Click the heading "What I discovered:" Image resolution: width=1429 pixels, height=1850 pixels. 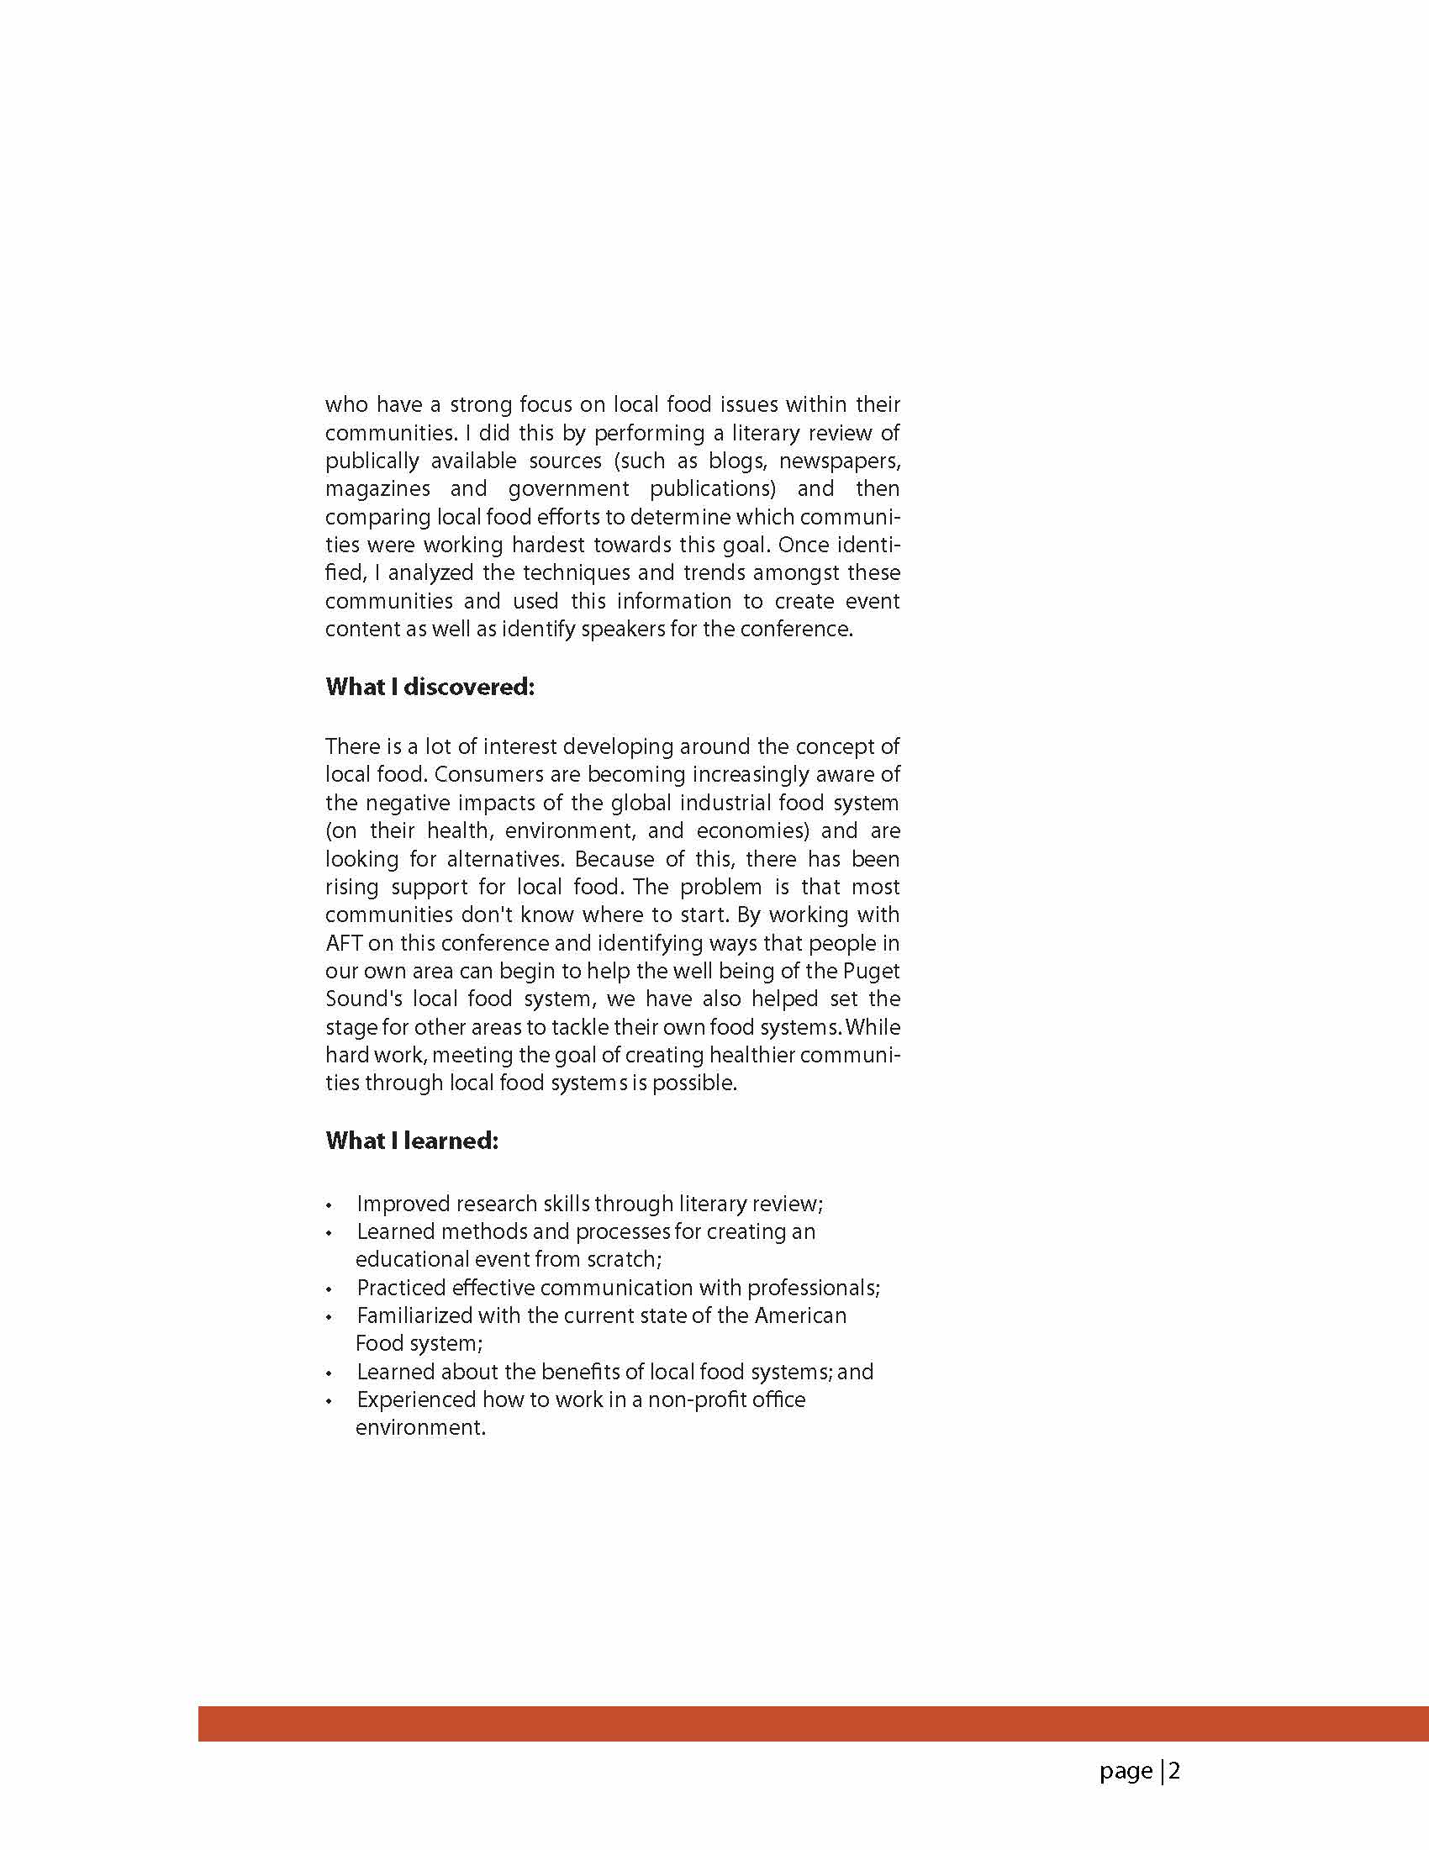click(x=430, y=687)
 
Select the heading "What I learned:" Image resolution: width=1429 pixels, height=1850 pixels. click(x=412, y=1141)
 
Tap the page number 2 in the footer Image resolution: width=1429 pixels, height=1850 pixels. click(x=1174, y=1771)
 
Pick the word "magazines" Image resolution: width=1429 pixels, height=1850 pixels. click(x=377, y=488)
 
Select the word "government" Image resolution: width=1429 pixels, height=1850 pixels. click(x=568, y=488)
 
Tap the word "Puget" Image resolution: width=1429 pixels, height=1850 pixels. click(x=871, y=971)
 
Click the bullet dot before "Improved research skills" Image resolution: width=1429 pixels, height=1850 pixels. click(x=330, y=1205)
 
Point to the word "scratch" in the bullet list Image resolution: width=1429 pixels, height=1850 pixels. click(x=622, y=1259)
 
